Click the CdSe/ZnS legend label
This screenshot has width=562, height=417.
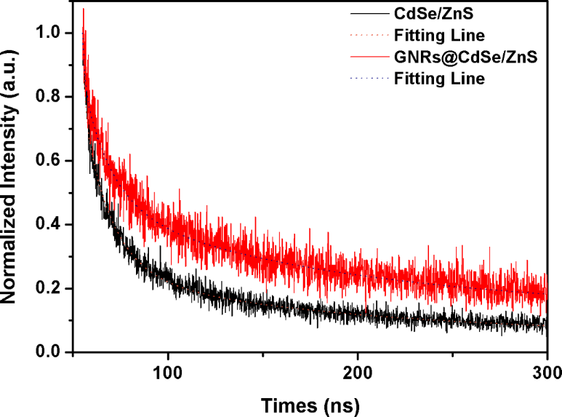430,12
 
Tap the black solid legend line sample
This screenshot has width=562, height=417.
369,13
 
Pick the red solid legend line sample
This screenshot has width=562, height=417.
369,57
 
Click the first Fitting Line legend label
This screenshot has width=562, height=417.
439,34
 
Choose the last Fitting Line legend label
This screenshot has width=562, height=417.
439,79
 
